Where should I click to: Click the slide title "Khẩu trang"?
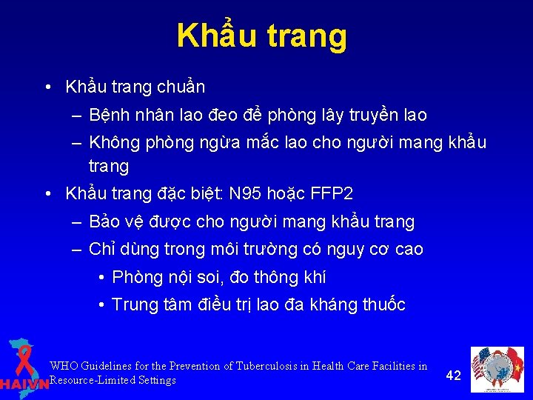click(261, 36)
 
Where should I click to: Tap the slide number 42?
click(454, 375)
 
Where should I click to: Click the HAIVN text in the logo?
click(24, 384)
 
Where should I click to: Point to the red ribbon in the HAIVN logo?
click(24, 359)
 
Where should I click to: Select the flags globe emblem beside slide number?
click(498, 369)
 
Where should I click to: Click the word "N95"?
click(247, 194)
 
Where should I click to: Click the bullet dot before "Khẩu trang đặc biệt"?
click(47, 194)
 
